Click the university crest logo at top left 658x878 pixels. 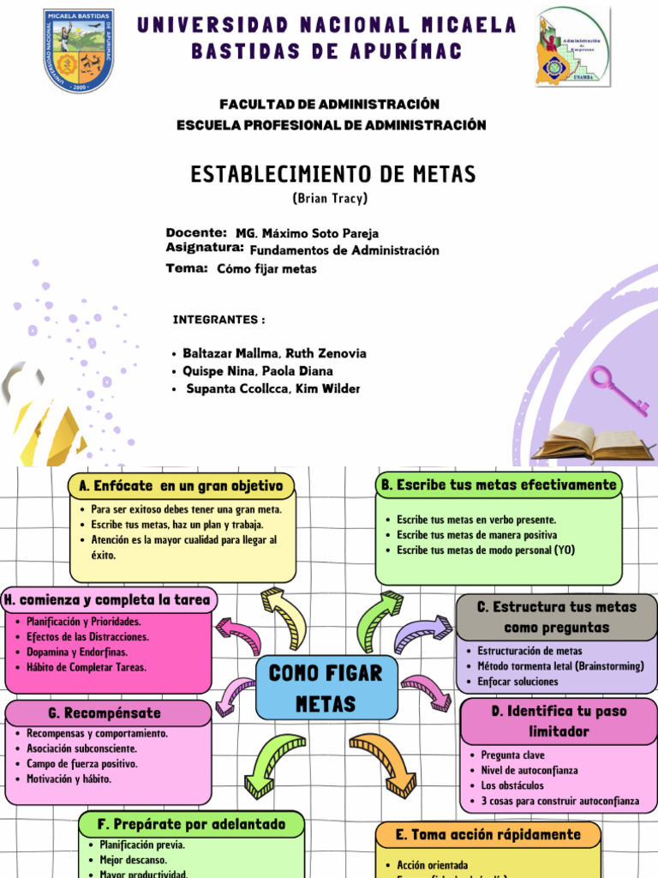[79, 51]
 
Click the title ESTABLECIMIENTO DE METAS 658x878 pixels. [332, 175]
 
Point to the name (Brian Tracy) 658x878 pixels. [330, 198]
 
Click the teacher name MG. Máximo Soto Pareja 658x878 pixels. [307, 233]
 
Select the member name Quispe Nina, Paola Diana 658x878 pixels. [258, 371]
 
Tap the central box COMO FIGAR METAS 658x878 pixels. [326, 688]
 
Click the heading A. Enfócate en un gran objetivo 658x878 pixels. [180, 486]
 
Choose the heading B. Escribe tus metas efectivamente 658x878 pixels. [499, 484]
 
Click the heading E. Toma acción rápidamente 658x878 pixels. [488, 834]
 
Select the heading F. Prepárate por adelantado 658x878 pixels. [191, 824]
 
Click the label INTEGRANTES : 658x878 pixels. [218, 320]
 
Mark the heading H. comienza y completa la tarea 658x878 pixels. [108, 599]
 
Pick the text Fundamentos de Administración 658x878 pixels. [344, 250]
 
